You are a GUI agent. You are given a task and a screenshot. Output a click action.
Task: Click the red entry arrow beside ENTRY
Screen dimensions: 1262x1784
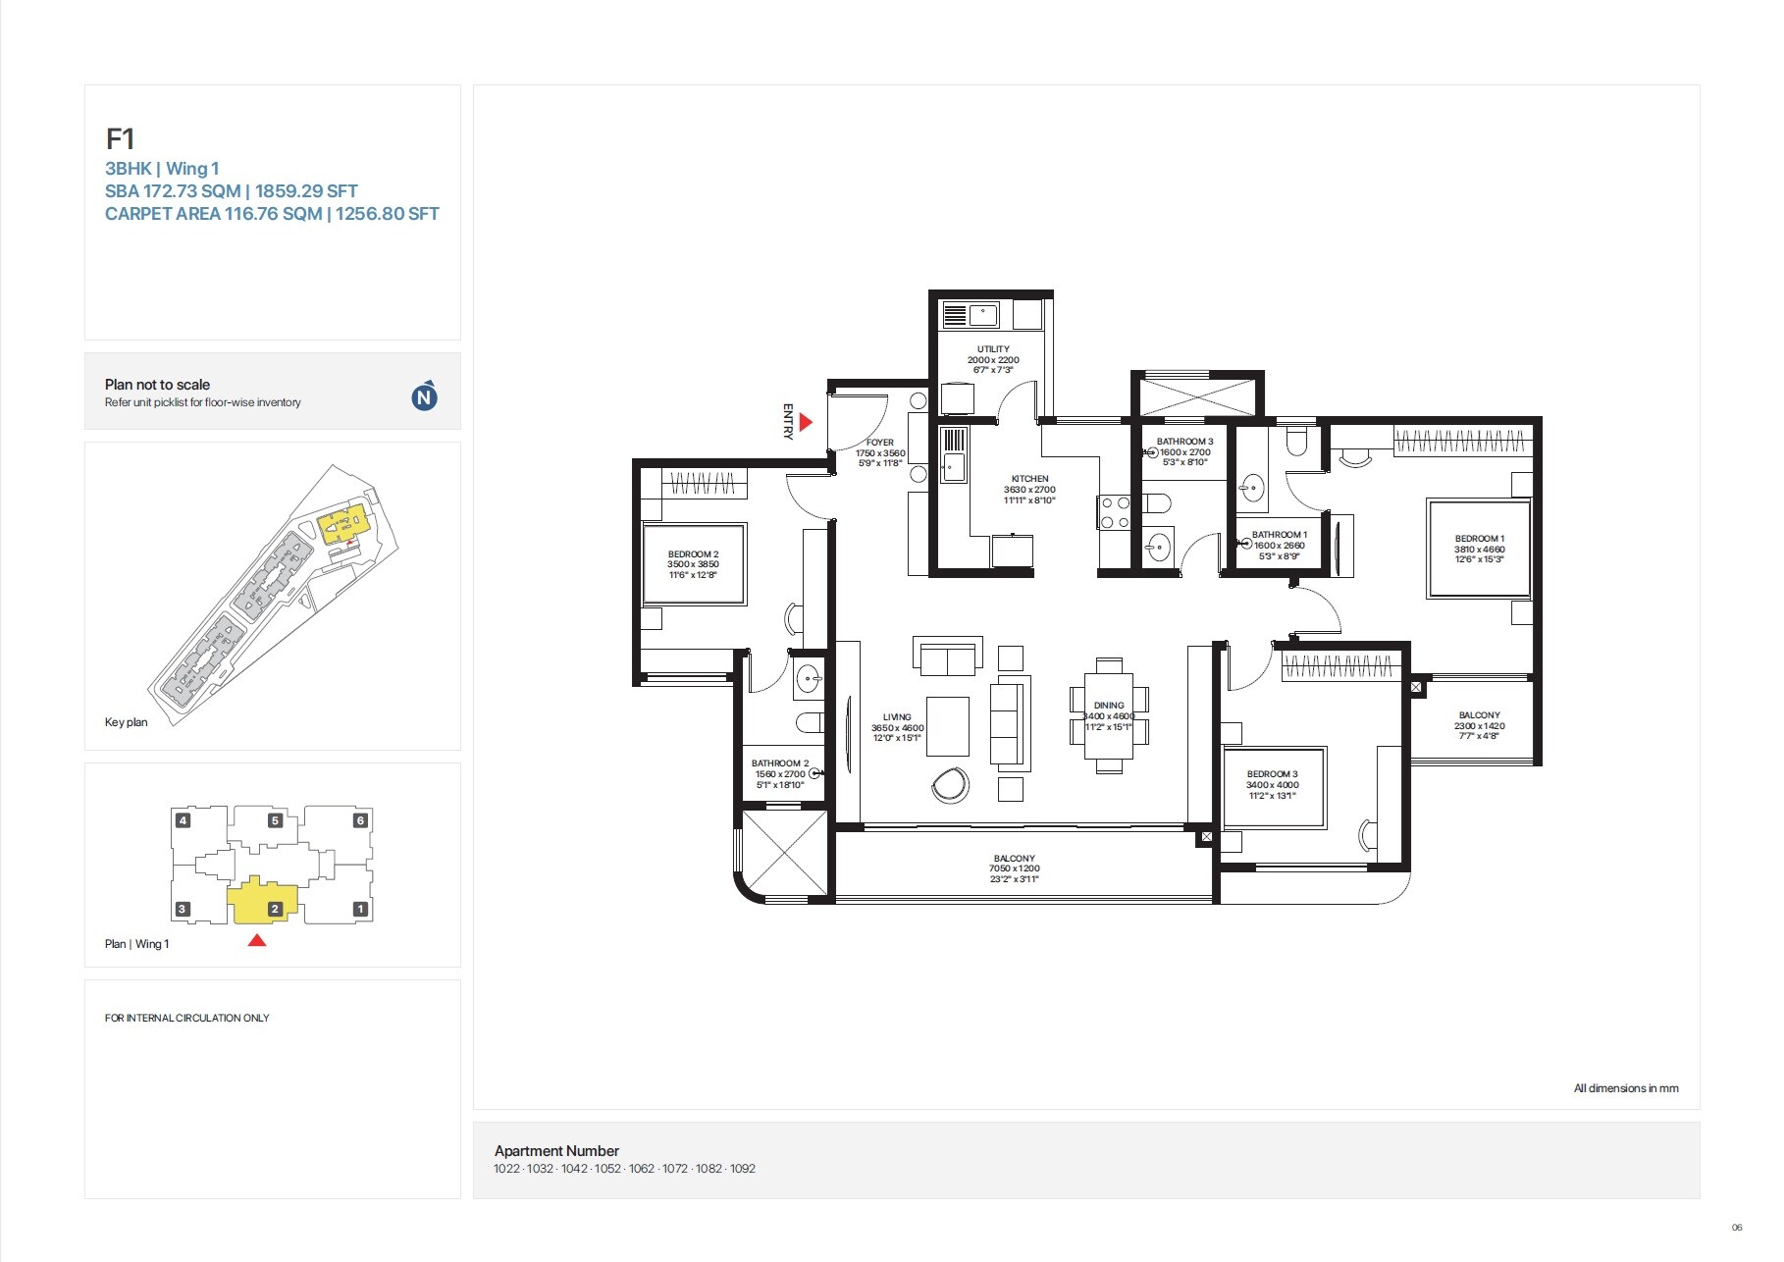(806, 422)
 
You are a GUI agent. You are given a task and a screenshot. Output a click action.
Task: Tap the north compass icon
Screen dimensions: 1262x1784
(424, 396)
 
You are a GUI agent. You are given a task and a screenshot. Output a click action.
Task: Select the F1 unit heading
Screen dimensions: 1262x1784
(120, 139)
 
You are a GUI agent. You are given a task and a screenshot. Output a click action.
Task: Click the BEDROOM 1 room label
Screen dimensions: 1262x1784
(1479, 539)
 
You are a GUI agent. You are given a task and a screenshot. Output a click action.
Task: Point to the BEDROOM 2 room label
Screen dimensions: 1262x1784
(693, 554)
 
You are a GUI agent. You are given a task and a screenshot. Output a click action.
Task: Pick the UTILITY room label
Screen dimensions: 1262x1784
(993, 349)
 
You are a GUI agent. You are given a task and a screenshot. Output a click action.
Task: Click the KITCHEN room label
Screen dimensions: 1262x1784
(1029, 479)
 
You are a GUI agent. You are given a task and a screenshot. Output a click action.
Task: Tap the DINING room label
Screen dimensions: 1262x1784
(1109, 706)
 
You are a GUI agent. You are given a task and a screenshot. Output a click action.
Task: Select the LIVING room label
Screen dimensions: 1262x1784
(897, 717)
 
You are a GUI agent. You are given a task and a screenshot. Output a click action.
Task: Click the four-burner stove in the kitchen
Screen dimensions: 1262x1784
(1115, 512)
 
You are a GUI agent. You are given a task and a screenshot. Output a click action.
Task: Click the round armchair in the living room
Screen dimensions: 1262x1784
(950, 784)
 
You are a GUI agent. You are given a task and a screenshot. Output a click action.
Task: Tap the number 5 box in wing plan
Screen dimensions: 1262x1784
(275, 820)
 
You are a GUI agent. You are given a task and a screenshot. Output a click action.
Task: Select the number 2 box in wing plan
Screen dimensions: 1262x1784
(275, 909)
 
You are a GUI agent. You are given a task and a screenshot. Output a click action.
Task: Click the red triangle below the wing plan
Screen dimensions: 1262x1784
(257, 940)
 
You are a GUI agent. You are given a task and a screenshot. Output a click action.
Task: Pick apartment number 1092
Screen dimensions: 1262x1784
(743, 1169)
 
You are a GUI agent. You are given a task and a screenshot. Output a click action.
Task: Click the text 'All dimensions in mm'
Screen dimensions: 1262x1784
(1625, 1088)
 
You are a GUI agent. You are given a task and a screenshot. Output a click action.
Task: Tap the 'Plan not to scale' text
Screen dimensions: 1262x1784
(157, 385)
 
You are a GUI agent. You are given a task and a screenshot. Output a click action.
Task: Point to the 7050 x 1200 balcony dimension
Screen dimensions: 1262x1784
(1014, 868)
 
